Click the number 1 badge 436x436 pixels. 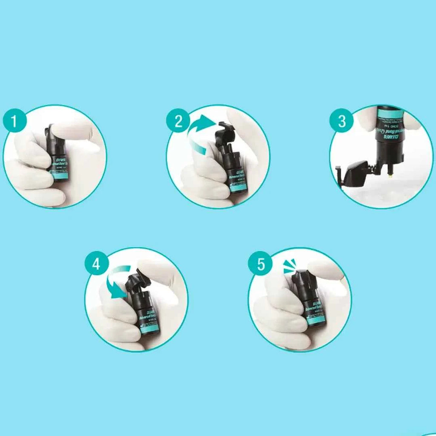[x=14, y=121]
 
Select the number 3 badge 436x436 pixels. [x=342, y=121]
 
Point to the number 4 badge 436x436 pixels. [x=96, y=264]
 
